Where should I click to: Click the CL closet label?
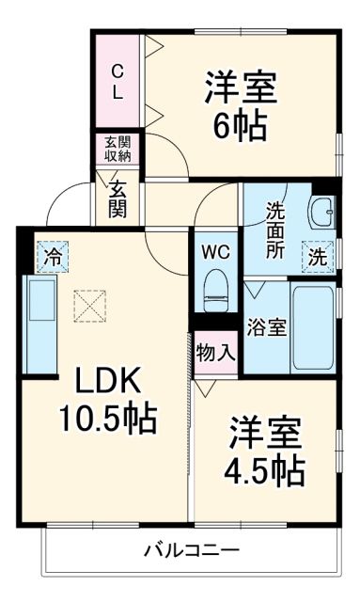click(117, 82)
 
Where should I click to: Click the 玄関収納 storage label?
click(117, 149)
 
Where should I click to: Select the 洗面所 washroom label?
click(274, 230)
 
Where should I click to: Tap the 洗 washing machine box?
click(318, 255)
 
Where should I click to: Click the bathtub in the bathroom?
click(314, 327)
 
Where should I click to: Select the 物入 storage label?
click(215, 354)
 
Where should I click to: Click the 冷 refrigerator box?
click(54, 254)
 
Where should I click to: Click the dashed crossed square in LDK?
click(91, 305)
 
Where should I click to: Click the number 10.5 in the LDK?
click(94, 416)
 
